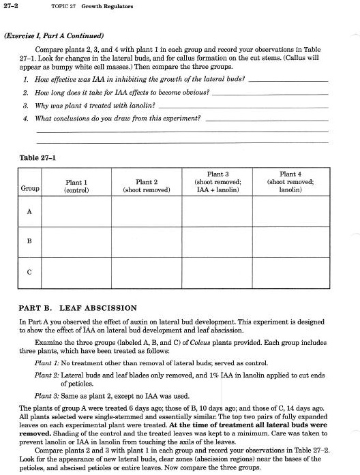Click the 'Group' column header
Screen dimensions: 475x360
(x=30, y=187)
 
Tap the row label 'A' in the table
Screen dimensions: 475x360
(x=29, y=211)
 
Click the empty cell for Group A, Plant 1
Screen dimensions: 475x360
(x=76, y=211)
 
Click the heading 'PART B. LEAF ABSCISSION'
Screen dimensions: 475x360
(x=78, y=308)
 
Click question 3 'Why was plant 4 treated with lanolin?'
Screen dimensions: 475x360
(x=95, y=106)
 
